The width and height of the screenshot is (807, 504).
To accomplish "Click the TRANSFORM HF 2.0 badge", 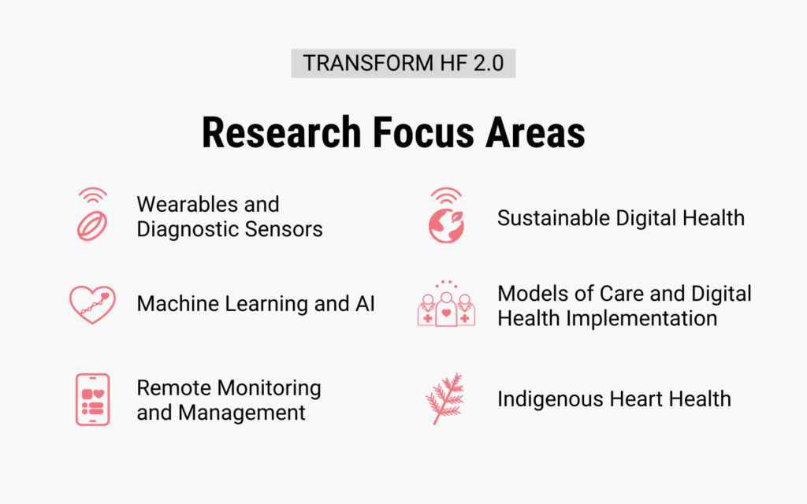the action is pyautogui.click(x=403, y=63).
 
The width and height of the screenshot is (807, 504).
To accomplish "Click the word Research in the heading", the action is pyautogui.click(x=281, y=132).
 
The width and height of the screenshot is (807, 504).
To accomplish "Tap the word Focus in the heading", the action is pyautogui.click(x=423, y=132).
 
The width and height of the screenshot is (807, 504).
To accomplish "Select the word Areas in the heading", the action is pyautogui.click(x=535, y=132).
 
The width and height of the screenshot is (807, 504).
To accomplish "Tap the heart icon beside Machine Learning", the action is pyautogui.click(x=93, y=305).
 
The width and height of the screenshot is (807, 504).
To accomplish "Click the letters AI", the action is pyautogui.click(x=365, y=303).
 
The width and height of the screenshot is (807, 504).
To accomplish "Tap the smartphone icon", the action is pyautogui.click(x=93, y=399).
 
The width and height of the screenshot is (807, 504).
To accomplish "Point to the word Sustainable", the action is pyautogui.click(x=553, y=218).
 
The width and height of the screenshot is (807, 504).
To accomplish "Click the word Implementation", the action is pyautogui.click(x=642, y=318).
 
